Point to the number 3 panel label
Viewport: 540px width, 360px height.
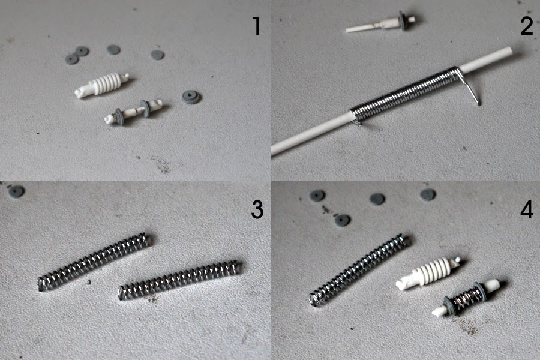coord(257,209)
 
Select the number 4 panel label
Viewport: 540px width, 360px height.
coord(527,209)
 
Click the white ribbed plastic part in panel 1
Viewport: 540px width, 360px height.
coord(102,85)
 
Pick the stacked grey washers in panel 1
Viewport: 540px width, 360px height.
coord(191,97)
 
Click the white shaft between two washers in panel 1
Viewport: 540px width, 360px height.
coord(133,111)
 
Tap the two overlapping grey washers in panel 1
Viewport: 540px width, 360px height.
coord(77,55)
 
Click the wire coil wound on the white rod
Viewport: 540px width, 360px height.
coord(404,92)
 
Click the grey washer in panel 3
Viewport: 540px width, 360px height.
coord(16,191)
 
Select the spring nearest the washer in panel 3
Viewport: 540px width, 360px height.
coord(93,262)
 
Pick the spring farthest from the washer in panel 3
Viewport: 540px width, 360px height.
coord(179,280)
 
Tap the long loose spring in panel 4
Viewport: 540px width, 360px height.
coord(359,270)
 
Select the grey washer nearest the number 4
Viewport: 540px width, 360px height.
coord(428,194)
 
